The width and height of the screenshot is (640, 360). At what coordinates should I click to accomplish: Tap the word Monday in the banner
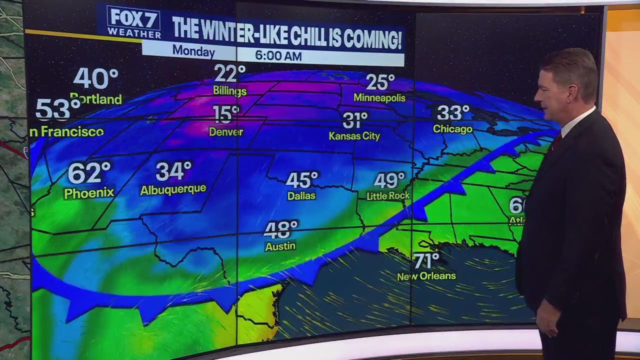point(193,51)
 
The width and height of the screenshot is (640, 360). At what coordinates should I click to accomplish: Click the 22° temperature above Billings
point(229,74)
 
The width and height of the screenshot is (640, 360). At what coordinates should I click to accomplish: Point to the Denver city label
point(226,132)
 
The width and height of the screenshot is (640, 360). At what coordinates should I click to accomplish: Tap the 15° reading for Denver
point(225,114)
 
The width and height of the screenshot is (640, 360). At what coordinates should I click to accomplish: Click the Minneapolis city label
point(379,97)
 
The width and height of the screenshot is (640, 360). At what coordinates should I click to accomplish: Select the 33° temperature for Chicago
point(453,113)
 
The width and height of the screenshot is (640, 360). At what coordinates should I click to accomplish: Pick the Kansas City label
point(354,136)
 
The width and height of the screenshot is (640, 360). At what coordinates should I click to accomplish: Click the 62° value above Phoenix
point(89,173)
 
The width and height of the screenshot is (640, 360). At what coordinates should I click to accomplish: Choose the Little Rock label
point(388,196)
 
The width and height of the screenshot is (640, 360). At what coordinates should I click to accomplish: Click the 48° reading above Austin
point(281,230)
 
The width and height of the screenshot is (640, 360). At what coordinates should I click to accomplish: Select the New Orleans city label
point(426,276)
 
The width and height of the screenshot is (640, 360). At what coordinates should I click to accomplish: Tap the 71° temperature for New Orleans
point(426,260)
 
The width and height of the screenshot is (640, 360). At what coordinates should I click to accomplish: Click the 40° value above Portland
point(95,78)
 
